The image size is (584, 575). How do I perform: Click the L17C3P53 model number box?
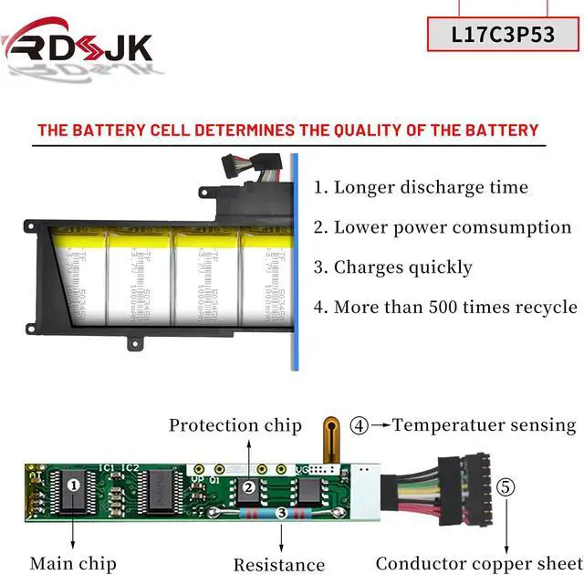pos(503,35)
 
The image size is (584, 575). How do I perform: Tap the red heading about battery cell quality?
pos(287,130)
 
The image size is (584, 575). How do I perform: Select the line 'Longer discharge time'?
pos(421,188)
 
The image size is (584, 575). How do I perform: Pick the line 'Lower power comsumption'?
pos(443,227)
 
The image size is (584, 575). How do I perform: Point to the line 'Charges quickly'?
pos(393,267)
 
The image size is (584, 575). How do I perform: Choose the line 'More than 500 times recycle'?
pos(445,308)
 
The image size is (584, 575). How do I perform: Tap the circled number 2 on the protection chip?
pos(249,487)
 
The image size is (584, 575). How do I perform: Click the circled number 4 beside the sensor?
pos(360,424)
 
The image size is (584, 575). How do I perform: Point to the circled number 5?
pos(506,487)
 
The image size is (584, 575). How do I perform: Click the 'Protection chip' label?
pos(235,425)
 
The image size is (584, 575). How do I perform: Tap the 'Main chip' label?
pos(73,563)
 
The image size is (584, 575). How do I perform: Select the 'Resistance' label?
pos(278,565)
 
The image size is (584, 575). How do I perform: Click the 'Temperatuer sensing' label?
pos(484,425)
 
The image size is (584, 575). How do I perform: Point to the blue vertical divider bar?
pos(295,265)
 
